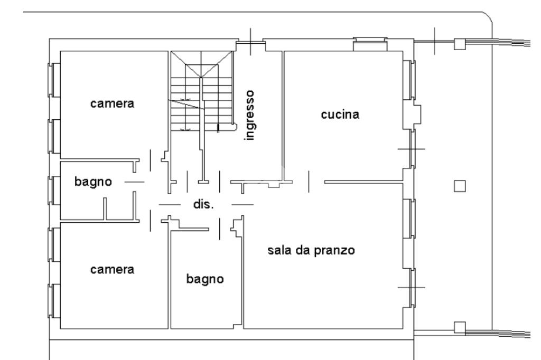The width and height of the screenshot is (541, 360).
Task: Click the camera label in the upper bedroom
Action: coord(113,103)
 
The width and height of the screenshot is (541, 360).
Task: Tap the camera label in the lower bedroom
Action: coord(113,269)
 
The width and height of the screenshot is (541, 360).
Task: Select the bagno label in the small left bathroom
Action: coord(93,182)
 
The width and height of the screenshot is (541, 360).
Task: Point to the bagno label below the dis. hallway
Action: coord(206,279)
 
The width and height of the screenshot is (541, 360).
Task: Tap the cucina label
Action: coord(340,115)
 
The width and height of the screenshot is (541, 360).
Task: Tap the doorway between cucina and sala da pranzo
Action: coord(316,182)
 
